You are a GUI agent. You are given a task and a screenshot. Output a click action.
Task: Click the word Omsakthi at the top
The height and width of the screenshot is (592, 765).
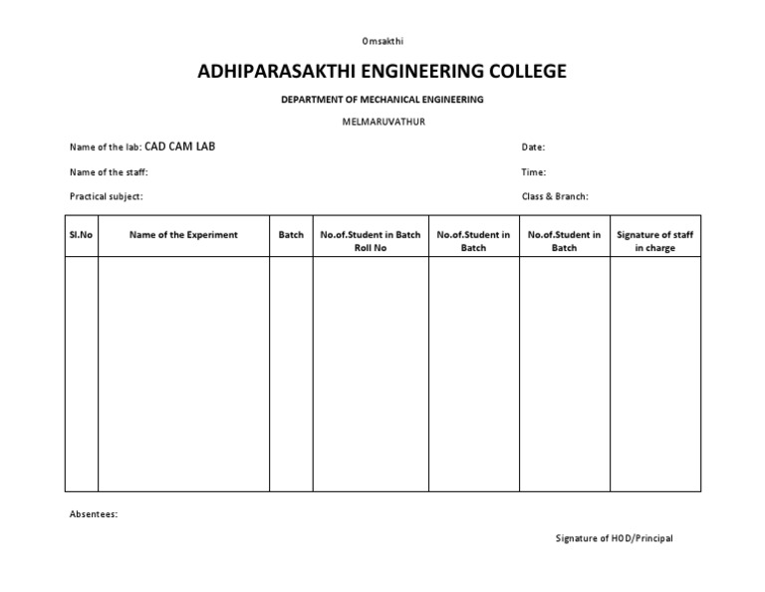point(382,41)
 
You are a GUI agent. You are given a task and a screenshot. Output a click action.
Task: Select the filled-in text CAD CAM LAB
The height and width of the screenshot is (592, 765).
point(180,147)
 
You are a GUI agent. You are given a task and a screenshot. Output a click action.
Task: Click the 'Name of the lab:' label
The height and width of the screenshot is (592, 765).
point(106,148)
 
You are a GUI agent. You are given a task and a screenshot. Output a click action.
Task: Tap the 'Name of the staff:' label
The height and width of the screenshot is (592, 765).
point(109,172)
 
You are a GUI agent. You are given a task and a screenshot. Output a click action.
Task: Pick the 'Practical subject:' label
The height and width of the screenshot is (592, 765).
point(106,196)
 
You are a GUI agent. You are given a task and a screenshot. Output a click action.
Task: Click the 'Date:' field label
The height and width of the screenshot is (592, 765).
point(533,148)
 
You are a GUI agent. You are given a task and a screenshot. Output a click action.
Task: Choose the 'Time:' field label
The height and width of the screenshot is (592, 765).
point(534,172)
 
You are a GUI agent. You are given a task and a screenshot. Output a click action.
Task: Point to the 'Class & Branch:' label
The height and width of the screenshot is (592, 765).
point(555,196)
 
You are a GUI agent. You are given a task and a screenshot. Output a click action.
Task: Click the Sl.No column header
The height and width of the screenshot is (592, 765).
point(82,235)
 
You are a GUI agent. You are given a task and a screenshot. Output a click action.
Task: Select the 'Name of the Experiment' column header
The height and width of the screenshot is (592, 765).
point(183,235)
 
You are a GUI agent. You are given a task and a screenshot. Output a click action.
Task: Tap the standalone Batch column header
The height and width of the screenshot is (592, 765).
point(291,235)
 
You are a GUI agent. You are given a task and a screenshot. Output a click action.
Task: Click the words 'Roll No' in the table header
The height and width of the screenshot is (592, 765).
point(371,248)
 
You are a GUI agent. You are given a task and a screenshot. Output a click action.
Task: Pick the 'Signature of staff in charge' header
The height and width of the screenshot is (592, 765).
point(654,241)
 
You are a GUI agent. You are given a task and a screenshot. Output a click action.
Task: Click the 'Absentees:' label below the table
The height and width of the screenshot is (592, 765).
point(94,514)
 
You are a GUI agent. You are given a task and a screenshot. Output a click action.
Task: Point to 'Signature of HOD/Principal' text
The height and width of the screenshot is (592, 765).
point(614,538)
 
